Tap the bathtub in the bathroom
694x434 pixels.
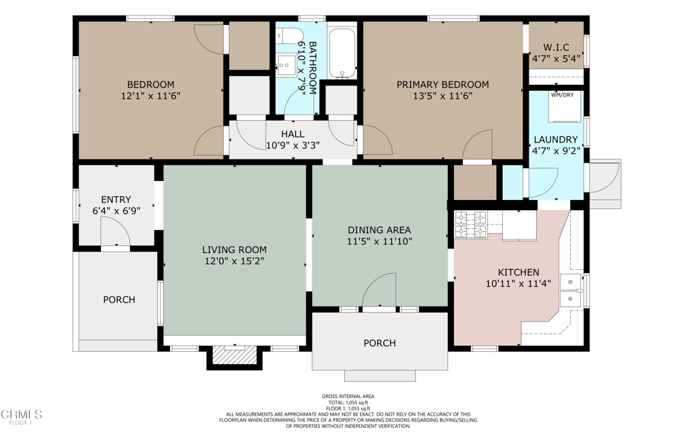342,53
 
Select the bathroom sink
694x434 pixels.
287,66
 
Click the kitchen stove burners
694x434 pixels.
471,225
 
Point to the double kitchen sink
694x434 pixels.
571,290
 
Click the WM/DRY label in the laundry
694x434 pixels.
562,95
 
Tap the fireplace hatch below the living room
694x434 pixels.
234,354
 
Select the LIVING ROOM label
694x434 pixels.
234,250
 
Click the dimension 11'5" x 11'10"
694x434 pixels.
380,241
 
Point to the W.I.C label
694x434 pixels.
556,47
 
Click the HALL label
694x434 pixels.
293,134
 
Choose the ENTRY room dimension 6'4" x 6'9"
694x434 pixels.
116,211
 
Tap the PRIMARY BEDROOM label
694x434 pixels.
443,85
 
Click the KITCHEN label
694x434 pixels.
518,273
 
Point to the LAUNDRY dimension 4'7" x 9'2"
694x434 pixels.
556,151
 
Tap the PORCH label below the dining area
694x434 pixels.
380,343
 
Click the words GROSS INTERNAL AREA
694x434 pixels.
348,396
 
